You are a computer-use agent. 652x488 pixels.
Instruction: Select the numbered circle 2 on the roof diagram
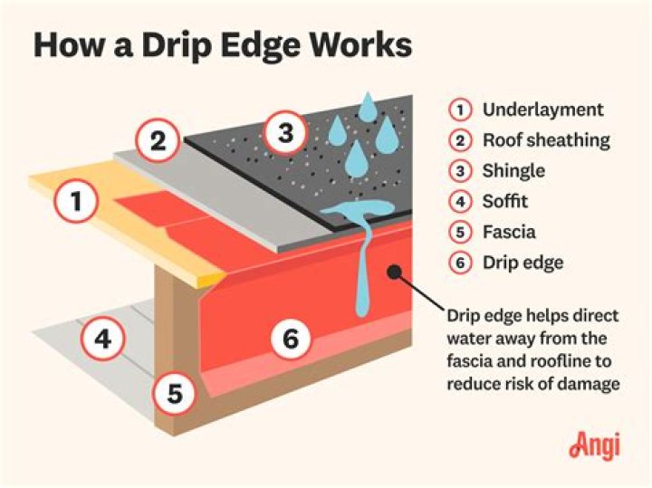click(x=158, y=140)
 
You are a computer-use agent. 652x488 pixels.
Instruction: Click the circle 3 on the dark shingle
click(x=285, y=136)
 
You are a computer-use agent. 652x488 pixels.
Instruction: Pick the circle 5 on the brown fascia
click(x=175, y=393)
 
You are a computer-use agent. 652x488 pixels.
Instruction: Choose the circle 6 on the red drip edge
click(x=290, y=340)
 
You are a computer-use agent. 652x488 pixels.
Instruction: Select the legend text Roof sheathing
click(x=546, y=140)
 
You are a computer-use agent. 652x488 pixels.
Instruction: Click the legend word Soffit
click(x=505, y=202)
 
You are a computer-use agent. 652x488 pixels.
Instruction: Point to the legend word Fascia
click(x=508, y=233)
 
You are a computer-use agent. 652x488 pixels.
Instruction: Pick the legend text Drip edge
click(x=523, y=263)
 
